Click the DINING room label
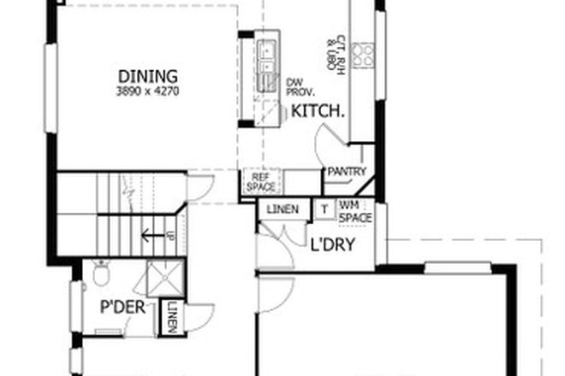pos(147,74)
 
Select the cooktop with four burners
pos(364,56)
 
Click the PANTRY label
pos(346,172)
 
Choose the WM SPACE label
pos(355,211)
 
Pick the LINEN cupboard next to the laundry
pos(282,209)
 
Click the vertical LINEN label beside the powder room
pos(172,318)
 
